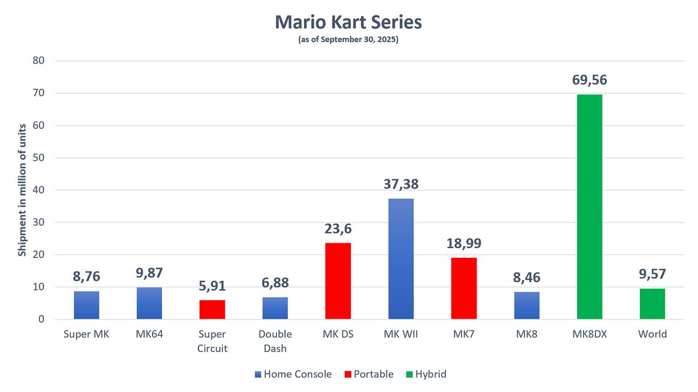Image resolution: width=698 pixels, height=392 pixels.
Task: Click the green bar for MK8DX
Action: pyautogui.click(x=590, y=207)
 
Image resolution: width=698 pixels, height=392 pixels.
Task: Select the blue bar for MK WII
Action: pyautogui.click(x=401, y=259)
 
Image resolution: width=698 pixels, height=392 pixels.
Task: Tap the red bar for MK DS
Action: pyautogui.click(x=338, y=281)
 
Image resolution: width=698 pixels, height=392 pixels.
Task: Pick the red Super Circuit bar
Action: pyautogui.click(x=212, y=310)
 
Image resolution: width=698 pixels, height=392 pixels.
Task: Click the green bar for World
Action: pyautogui.click(x=652, y=304)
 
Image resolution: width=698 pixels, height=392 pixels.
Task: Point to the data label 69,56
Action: pyautogui.click(x=590, y=80)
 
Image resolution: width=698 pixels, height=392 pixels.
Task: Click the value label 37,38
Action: pyautogui.click(x=401, y=184)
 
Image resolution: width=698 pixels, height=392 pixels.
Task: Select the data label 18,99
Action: pyautogui.click(x=464, y=243)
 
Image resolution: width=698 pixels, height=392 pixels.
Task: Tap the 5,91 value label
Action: pyautogui.click(x=212, y=286)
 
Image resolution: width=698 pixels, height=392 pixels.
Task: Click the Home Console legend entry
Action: pyautogui.click(x=294, y=374)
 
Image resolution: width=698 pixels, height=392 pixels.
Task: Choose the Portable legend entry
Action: pyautogui.click(x=369, y=374)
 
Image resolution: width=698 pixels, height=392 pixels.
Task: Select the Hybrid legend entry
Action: pyautogui.click(x=426, y=374)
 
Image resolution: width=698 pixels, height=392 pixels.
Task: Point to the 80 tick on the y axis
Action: pyautogui.click(x=39, y=61)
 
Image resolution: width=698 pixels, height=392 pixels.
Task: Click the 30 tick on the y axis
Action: pyautogui.click(x=39, y=222)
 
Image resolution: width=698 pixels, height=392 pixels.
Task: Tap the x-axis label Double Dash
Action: pyautogui.click(x=275, y=341)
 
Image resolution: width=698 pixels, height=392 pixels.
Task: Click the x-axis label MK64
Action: pyautogui.click(x=149, y=334)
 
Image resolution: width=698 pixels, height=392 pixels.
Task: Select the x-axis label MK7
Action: pyautogui.click(x=464, y=334)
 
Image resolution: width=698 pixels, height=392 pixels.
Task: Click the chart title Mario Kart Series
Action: pyautogui.click(x=348, y=22)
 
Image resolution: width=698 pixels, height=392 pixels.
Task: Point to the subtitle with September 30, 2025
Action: pyautogui.click(x=348, y=40)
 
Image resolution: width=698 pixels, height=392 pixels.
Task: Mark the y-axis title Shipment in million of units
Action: pyautogui.click(x=22, y=190)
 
